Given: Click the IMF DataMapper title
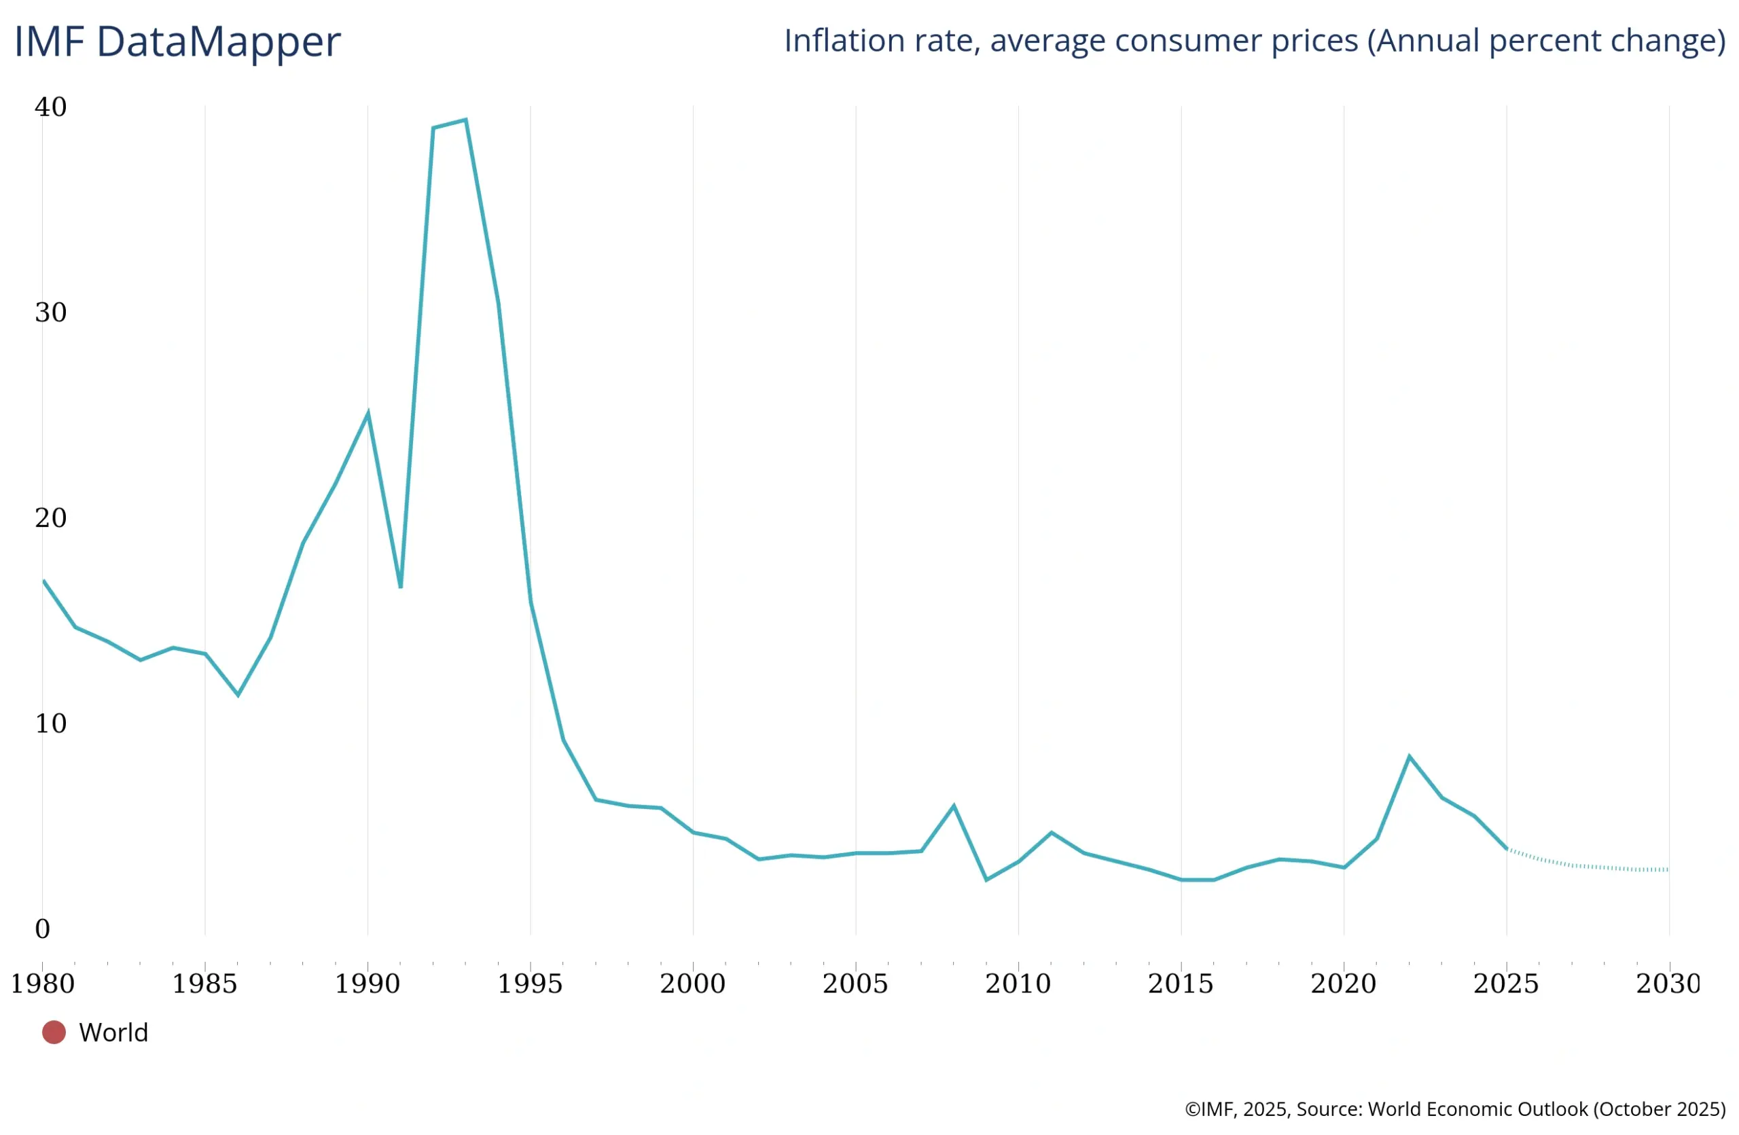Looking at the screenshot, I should point(177,41).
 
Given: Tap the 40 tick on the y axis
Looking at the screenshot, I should point(50,107).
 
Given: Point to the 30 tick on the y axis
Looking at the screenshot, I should point(50,312).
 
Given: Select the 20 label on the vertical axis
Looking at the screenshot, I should point(50,518).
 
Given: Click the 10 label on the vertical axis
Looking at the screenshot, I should point(50,723).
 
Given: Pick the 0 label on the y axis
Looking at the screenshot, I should point(42,929).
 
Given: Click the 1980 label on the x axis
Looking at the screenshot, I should point(42,984).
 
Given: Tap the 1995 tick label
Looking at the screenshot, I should point(530,984).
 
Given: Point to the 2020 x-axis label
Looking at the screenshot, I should point(1343,984).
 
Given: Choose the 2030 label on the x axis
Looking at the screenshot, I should point(1668,984).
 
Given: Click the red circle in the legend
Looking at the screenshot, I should point(54,1032).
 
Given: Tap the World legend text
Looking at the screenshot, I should point(113,1032).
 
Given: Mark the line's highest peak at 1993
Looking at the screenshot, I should point(465,120).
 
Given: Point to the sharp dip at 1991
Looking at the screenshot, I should point(400,586).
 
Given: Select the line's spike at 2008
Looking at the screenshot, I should point(954,806).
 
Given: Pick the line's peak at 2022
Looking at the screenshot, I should point(1409,756).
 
